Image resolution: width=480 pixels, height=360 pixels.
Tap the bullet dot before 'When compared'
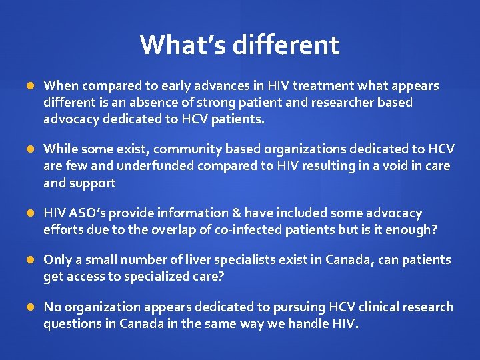click(x=30, y=86)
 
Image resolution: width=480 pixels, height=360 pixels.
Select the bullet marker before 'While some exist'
click(x=30, y=149)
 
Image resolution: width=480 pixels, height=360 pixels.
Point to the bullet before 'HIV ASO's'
click(x=30, y=213)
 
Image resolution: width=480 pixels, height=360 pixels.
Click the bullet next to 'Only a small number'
click(x=30, y=260)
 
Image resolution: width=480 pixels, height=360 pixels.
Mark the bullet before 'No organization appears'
click(x=30, y=307)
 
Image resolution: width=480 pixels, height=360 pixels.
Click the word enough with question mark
click(x=413, y=229)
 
